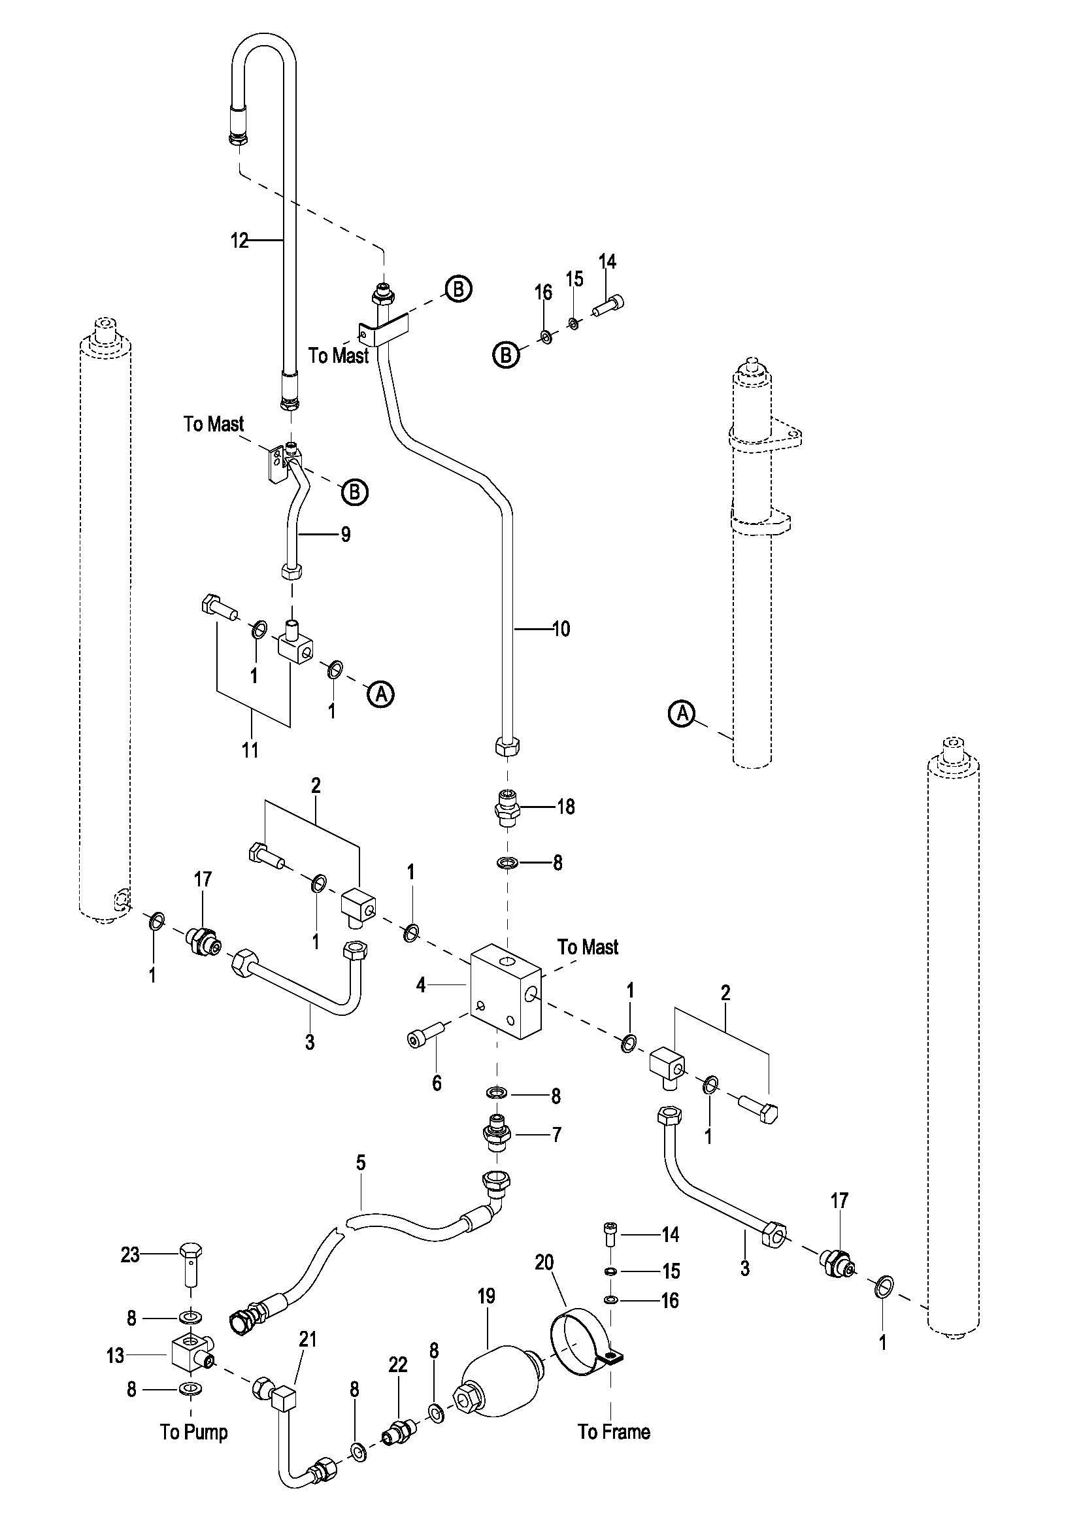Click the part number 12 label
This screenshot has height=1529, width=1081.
coord(239,241)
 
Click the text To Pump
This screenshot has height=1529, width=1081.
coord(193,1432)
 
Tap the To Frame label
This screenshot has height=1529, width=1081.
coord(614,1432)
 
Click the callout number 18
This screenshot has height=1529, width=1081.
coord(565,807)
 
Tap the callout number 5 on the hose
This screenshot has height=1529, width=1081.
coord(361,1164)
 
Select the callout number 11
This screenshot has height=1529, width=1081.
coord(249,750)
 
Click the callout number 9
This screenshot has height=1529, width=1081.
coord(346,535)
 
